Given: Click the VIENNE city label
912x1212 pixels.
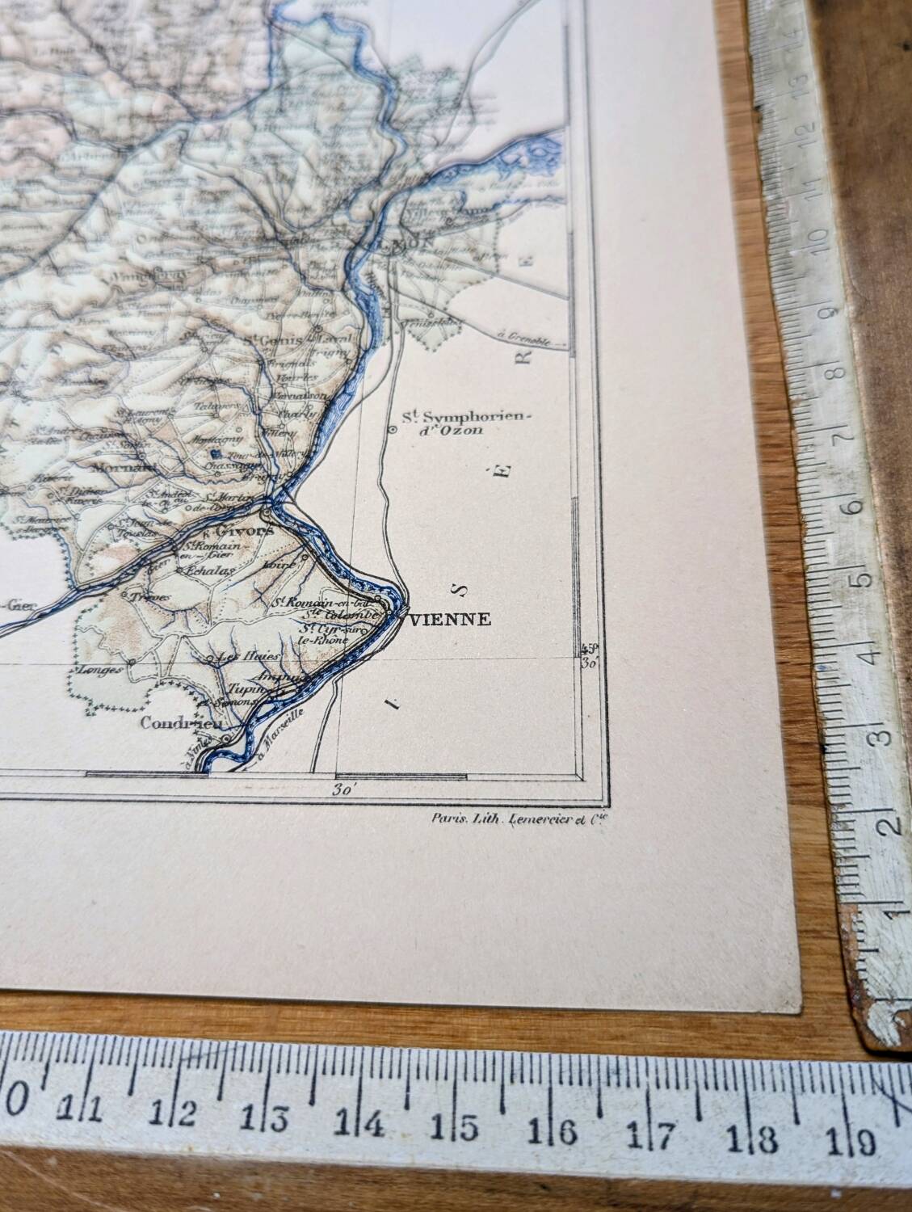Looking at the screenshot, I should [x=451, y=620].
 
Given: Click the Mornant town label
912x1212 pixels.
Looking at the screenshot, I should [x=112, y=466].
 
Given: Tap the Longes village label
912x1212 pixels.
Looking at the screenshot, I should [x=99, y=670].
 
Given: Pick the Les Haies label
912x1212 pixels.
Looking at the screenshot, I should [x=240, y=658].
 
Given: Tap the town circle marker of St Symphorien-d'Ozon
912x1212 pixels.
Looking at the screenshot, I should [x=392, y=430].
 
